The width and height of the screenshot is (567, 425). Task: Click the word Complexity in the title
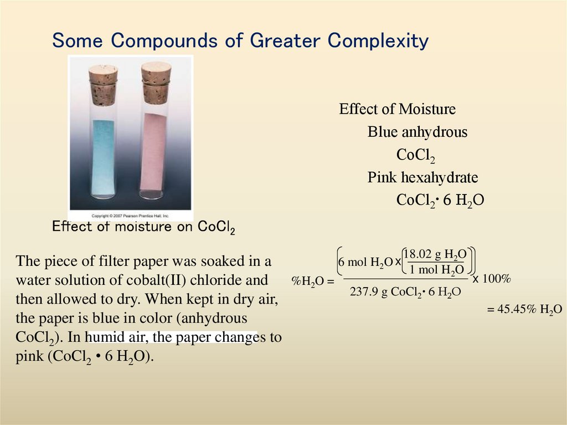click(378, 40)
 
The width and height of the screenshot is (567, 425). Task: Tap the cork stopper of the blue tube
click(103, 84)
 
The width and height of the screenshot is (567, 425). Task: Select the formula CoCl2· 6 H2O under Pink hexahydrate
click(440, 201)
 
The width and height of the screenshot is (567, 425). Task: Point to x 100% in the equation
click(491, 279)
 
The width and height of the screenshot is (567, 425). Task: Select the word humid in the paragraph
click(106, 337)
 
